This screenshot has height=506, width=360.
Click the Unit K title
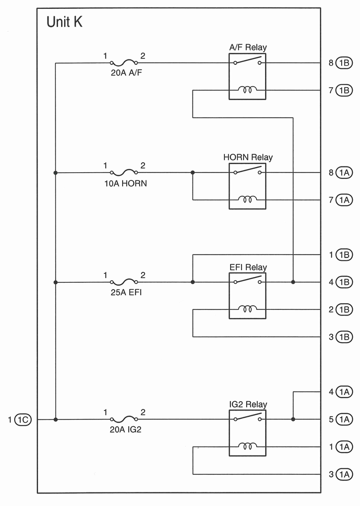click(65, 22)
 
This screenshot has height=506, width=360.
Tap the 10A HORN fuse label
click(125, 183)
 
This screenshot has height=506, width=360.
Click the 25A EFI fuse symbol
click(124, 282)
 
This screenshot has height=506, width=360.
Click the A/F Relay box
click(247, 76)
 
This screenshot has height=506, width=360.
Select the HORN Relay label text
click(248, 157)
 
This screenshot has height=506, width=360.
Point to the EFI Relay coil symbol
click(247, 308)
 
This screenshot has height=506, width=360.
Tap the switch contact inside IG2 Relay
click(247, 418)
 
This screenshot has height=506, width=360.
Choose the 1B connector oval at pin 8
click(344, 63)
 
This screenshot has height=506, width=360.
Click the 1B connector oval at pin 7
click(344, 90)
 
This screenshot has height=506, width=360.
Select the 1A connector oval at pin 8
click(344, 173)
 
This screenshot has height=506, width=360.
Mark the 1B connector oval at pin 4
click(344, 282)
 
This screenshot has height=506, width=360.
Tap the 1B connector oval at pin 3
click(344, 336)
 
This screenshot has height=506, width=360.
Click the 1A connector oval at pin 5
click(344, 419)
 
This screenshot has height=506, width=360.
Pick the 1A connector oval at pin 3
click(344, 474)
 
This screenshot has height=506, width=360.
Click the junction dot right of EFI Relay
click(293, 282)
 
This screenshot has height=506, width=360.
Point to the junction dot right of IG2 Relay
click(293, 419)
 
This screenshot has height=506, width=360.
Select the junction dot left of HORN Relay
click(193, 173)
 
